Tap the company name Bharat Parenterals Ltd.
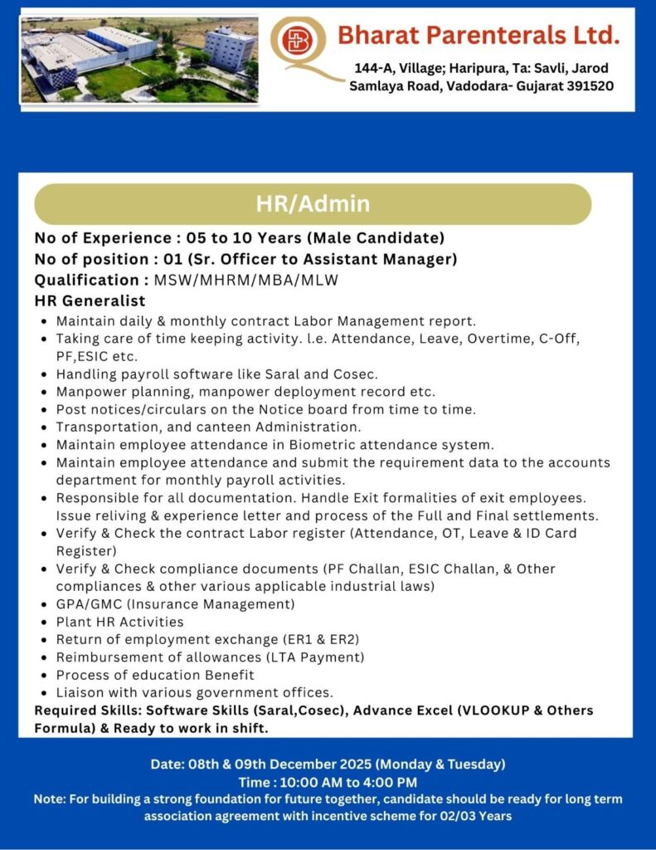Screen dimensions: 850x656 [x=479, y=35]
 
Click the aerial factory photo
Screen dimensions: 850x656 [x=138, y=61]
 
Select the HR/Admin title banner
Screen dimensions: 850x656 [x=313, y=203]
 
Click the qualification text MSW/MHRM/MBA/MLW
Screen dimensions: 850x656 [x=246, y=280]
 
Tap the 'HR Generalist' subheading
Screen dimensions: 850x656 [x=90, y=300]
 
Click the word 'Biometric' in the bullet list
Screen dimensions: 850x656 [x=282, y=445]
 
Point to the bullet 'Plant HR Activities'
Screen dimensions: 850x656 [x=119, y=622]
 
